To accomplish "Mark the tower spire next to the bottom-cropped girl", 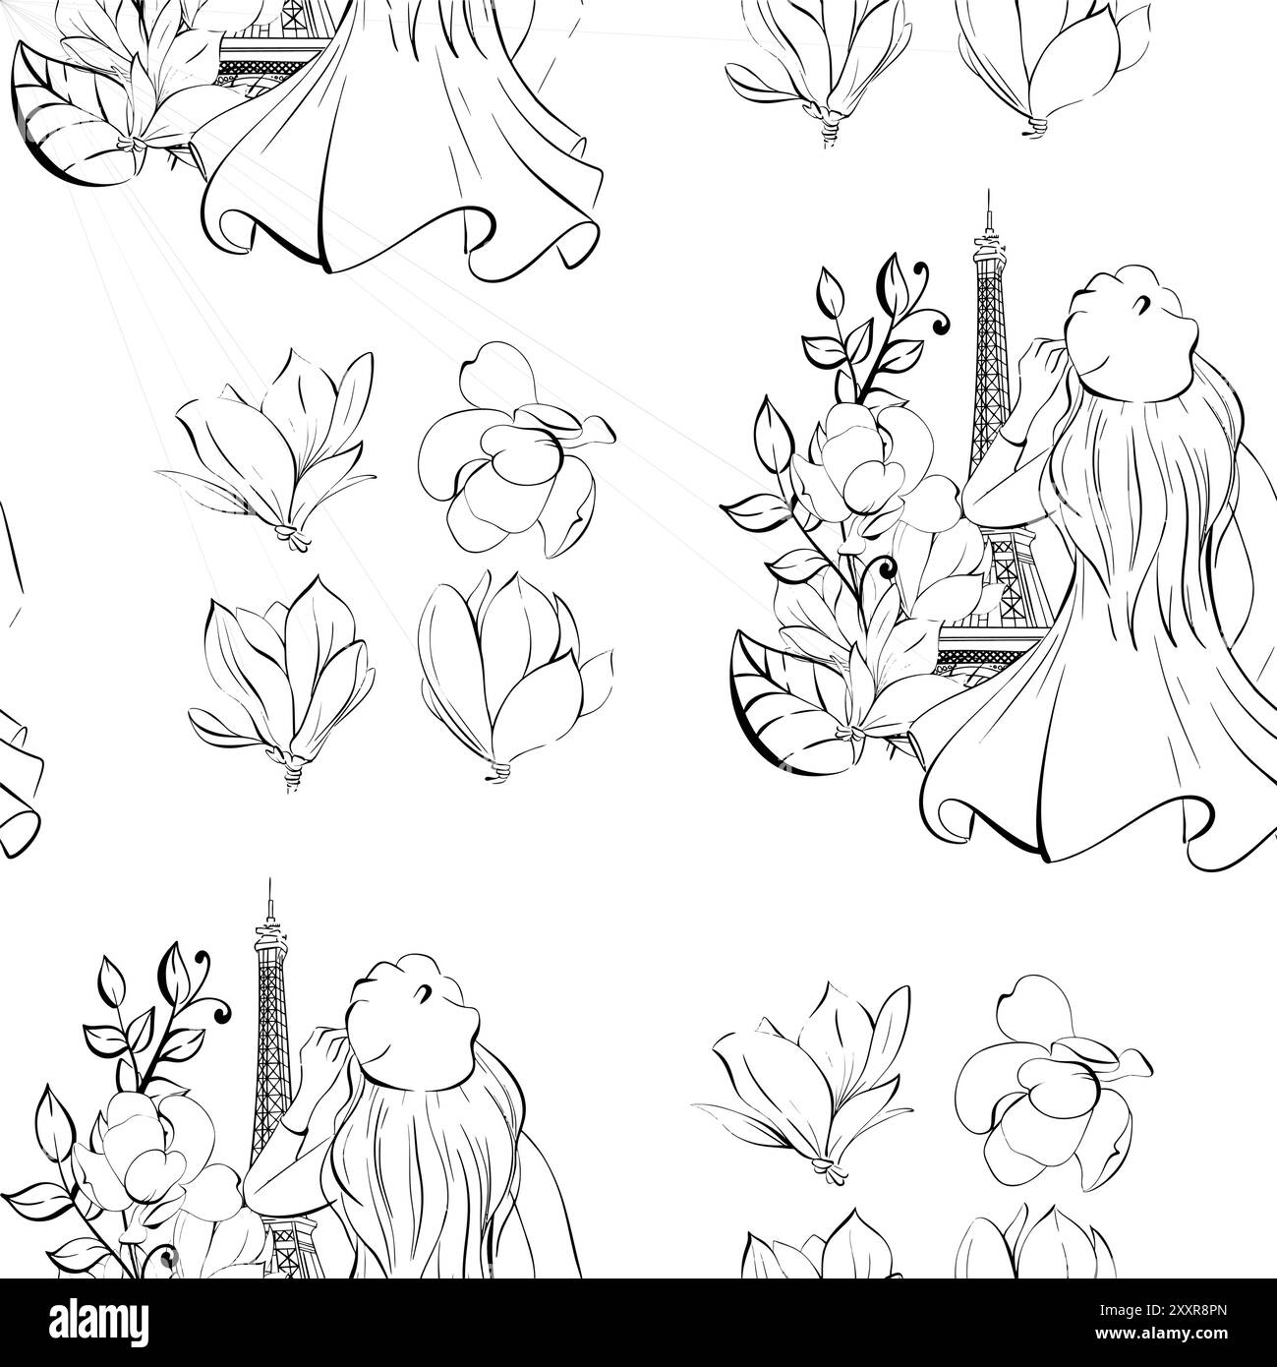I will tap(266, 900).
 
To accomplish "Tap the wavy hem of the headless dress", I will tap(413, 236).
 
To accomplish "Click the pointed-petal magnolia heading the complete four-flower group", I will tap(270, 443).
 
